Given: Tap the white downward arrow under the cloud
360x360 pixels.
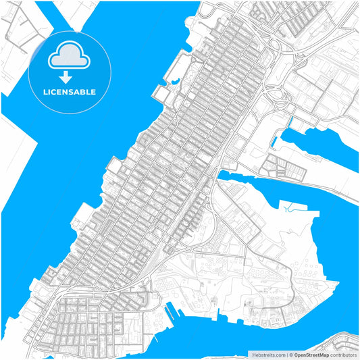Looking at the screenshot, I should click(66, 78).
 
